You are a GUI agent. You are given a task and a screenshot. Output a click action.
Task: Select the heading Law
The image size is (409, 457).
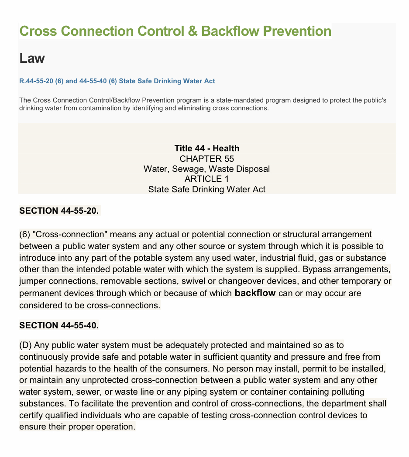coord(32,58)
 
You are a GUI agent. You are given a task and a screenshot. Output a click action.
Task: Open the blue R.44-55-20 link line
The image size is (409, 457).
coord(117,81)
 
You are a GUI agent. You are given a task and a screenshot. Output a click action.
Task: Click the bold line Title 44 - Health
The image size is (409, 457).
coord(206,148)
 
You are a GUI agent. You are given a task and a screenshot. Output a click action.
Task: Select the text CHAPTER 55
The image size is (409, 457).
coord(206,158)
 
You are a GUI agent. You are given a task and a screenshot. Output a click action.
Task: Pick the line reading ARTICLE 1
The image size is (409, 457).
coord(206,179)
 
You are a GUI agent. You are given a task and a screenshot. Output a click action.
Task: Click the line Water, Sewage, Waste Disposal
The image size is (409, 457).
coord(206,169)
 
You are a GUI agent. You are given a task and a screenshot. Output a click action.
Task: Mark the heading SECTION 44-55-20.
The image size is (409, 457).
coord(59,211)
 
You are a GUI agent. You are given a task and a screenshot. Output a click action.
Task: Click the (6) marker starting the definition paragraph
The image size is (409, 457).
coord(24,235)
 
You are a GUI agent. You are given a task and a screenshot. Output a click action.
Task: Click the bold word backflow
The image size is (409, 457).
coord(255,293)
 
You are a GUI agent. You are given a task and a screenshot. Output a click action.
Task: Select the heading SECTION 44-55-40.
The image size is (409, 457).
coord(59,325)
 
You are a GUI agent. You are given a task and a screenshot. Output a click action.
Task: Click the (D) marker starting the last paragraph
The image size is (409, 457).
coord(25,345)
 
